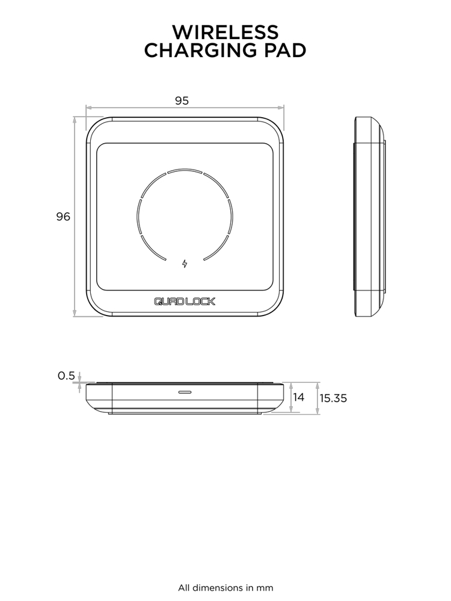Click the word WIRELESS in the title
pos(225,31)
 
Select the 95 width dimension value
pos(182,100)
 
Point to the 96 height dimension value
pos(63,217)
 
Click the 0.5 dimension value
pos(66,376)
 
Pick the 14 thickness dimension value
pos(299,397)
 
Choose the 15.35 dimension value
pos(333,398)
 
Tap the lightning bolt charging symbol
pos(185,263)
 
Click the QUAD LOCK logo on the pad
pos(185,302)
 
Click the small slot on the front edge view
pos(185,391)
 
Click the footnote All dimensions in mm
pos(225,587)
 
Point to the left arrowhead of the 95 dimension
pos(89,109)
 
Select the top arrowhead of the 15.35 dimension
pos(318,385)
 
